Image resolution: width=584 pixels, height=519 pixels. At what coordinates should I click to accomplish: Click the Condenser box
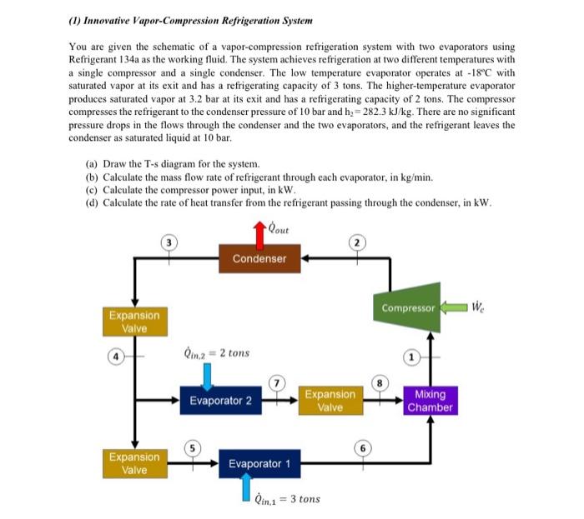259,257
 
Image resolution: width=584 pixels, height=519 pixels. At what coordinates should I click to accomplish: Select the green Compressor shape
408,308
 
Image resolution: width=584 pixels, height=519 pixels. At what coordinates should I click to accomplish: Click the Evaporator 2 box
220,401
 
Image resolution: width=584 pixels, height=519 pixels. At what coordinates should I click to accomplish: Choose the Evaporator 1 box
259,463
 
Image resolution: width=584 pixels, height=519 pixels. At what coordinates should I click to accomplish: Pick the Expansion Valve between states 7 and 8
330,401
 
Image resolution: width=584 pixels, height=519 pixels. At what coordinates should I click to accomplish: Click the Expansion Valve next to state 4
133,322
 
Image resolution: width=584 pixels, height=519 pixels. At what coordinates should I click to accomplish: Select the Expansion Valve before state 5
133,463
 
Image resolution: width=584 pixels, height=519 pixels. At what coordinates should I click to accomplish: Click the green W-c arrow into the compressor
455,307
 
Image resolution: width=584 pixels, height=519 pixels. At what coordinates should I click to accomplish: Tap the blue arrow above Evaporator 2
208,374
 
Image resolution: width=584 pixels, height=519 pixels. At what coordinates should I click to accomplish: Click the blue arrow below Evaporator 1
246,488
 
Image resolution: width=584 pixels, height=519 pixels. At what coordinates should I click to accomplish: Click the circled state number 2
359,242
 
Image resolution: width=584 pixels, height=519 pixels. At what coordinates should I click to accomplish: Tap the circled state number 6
364,447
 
